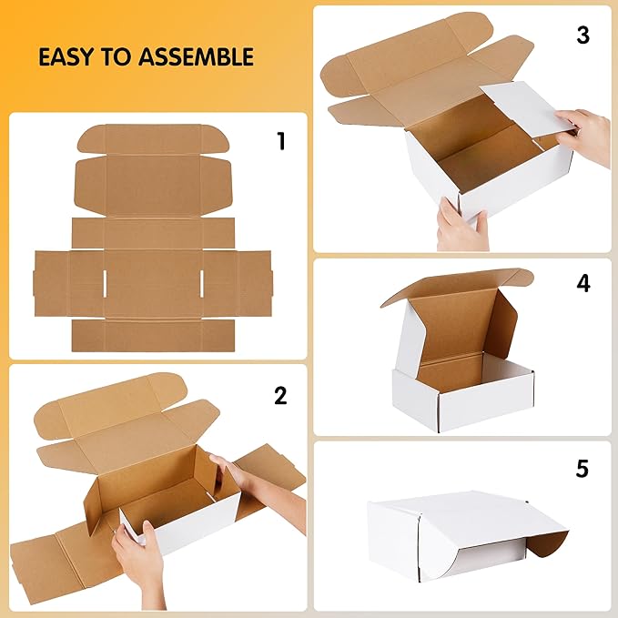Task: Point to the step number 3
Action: (x=583, y=35)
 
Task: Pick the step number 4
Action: (x=583, y=283)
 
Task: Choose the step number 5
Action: (x=583, y=470)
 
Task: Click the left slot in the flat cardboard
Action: (x=106, y=282)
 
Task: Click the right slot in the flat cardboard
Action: (x=199, y=282)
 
